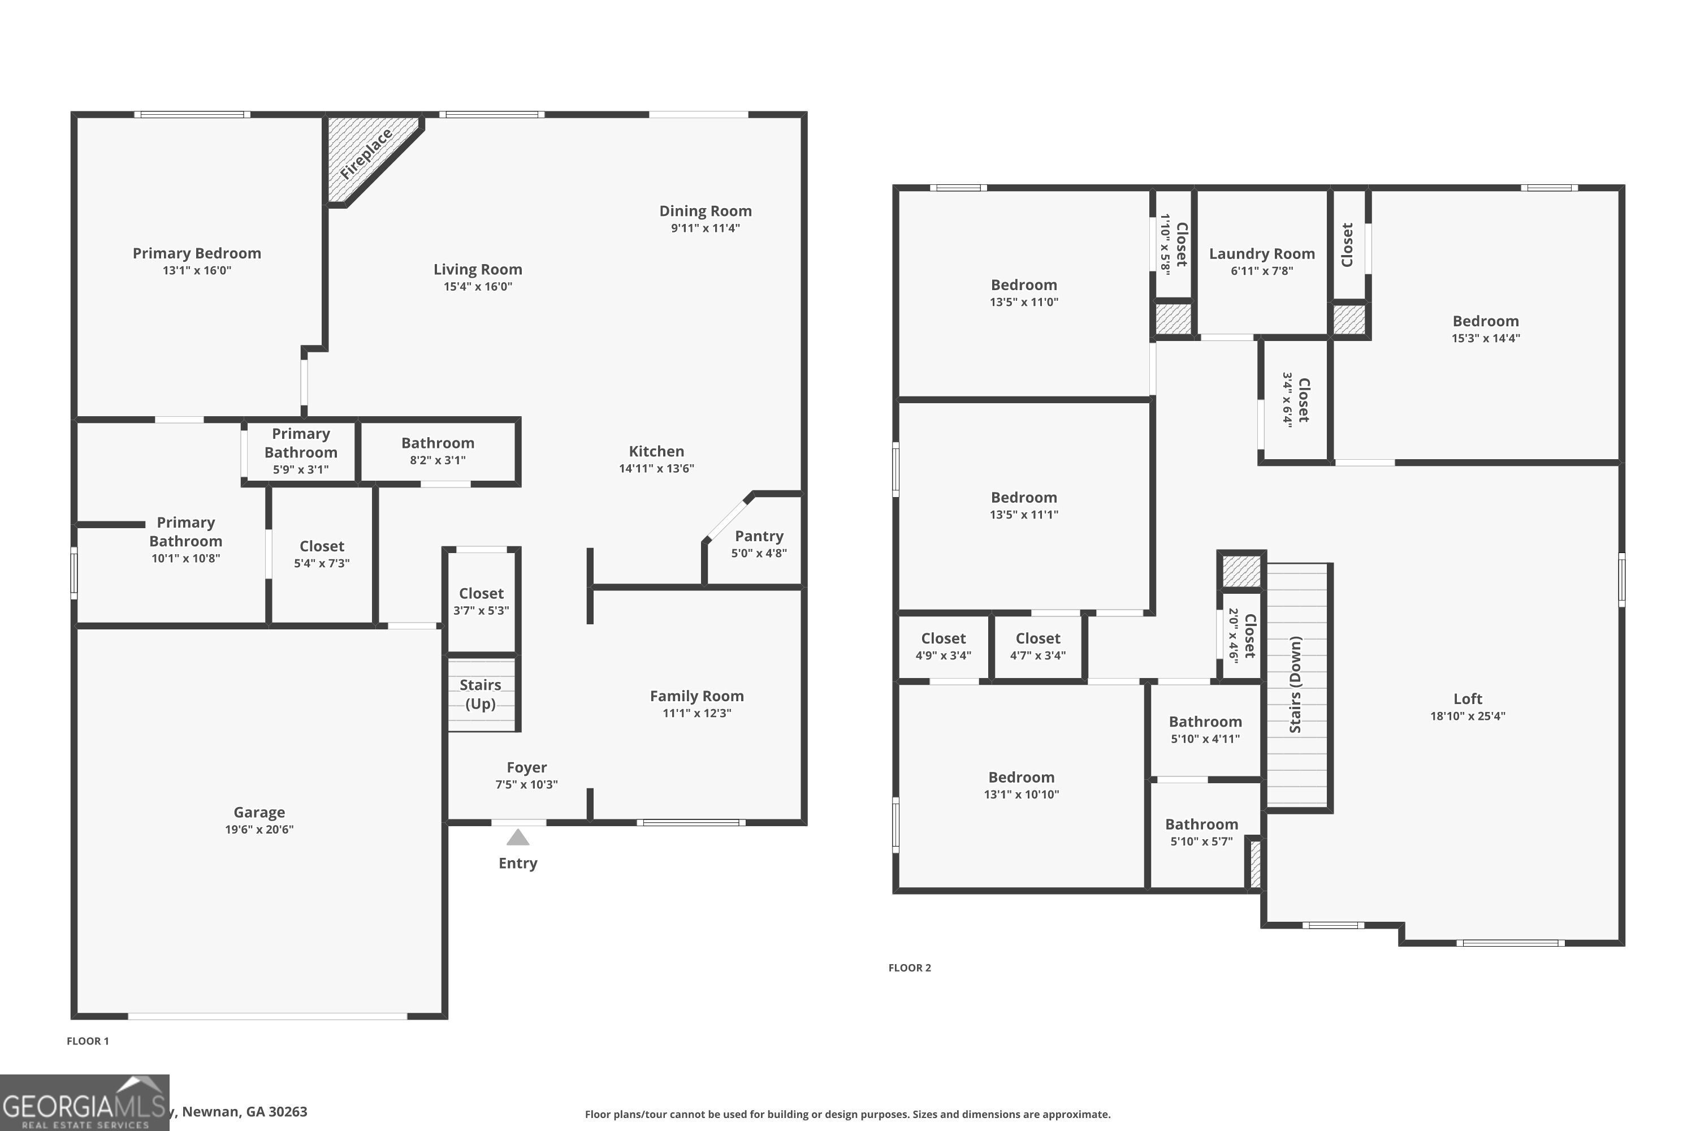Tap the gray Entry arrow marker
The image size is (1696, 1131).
[518, 838]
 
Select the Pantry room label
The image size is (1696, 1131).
[759, 536]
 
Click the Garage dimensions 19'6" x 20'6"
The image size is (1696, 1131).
[259, 830]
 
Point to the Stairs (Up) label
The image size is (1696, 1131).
[480, 694]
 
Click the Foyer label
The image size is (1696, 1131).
[526, 767]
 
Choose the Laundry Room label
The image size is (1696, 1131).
[1261, 254]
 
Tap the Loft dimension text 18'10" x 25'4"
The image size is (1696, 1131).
[1468, 716]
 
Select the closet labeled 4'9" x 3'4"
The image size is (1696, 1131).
[942, 646]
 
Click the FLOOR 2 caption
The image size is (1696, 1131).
[909, 968]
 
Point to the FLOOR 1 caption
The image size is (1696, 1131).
[87, 1041]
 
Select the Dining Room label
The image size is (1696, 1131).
[705, 211]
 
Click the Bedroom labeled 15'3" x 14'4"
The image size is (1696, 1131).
[1486, 328]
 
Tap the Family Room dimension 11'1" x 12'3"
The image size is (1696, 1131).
[696, 713]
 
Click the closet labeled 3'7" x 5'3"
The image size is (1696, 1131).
[481, 601]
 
